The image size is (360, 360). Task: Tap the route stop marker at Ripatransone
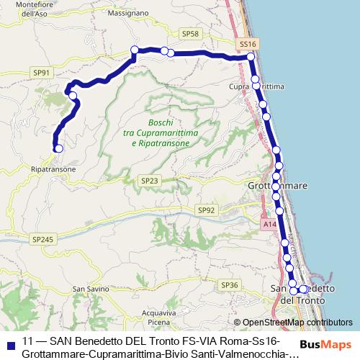(59, 148)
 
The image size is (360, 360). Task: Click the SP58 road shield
(191, 34)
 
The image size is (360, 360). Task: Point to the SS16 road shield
(247, 44)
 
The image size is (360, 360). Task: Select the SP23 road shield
(150, 181)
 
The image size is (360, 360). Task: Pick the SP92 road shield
(207, 210)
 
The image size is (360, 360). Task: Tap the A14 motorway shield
(269, 225)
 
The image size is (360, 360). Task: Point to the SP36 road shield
(230, 285)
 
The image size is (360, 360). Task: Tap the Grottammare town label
(278, 186)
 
